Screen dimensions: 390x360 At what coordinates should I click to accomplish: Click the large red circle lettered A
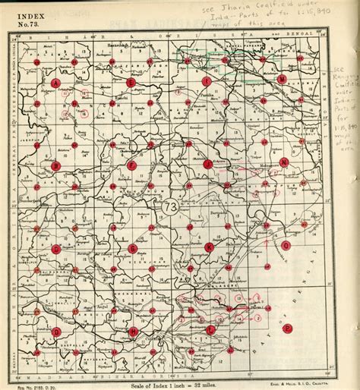click(x=55, y=82)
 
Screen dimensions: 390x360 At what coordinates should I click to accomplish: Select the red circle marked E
click(x=131, y=82)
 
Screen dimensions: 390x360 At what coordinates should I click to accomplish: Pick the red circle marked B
click(x=55, y=165)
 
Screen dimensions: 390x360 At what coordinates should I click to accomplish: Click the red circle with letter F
click(x=131, y=165)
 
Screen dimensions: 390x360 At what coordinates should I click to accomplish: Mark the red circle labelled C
click(x=55, y=249)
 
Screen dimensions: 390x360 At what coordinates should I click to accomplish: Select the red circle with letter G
click(x=132, y=248)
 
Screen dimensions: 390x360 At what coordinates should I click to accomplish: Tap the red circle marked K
click(x=209, y=247)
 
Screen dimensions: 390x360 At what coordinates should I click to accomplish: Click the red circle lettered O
click(x=286, y=246)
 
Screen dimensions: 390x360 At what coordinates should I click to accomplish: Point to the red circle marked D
click(x=56, y=332)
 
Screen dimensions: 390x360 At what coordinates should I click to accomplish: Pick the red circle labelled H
click(x=133, y=332)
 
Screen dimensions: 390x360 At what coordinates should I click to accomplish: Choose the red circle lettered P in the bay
click(x=287, y=328)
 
